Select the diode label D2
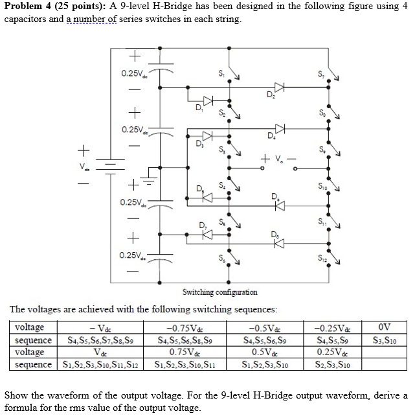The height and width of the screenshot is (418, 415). tap(270, 96)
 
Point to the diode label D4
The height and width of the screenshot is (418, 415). tap(270, 137)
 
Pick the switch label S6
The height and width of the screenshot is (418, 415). tap(221, 260)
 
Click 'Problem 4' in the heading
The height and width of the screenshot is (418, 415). tap(27, 6)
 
